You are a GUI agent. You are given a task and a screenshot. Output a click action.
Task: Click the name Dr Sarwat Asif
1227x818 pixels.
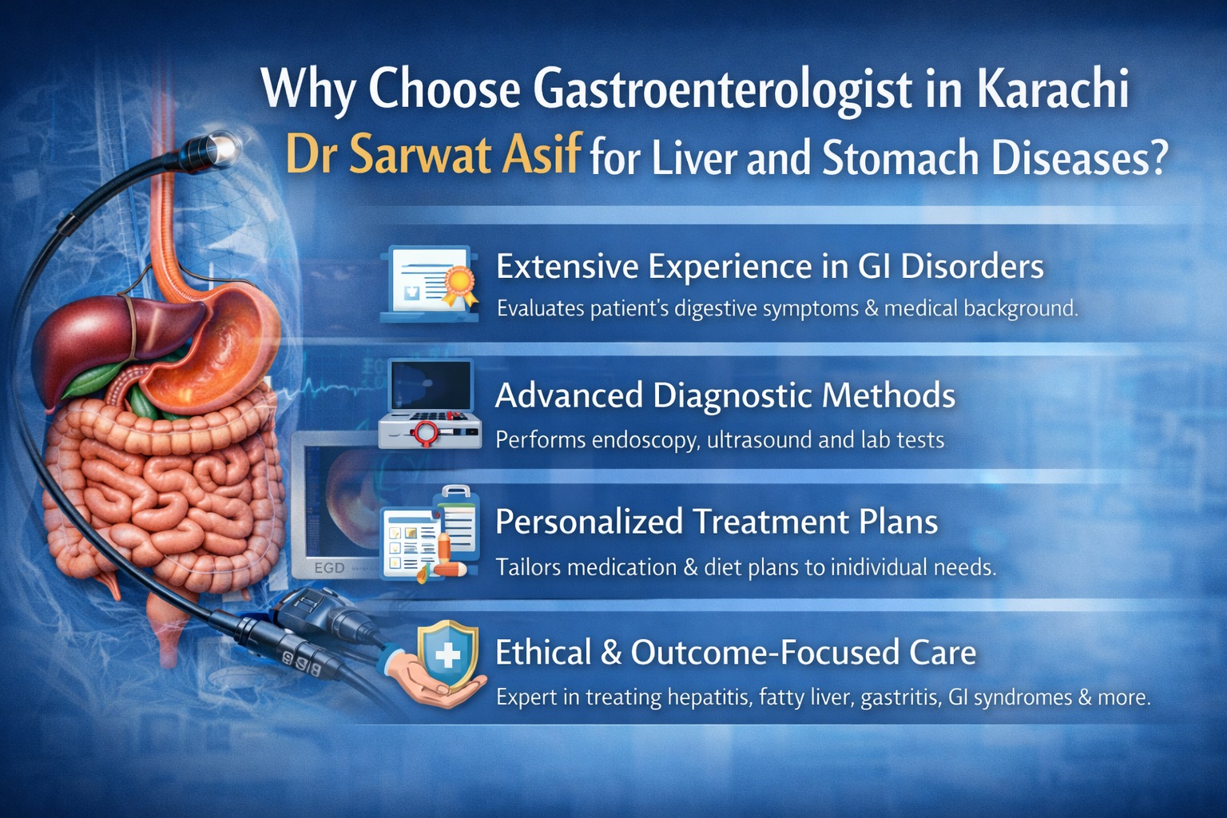pos(431,154)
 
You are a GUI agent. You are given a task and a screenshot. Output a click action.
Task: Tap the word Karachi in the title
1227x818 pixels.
pos(1052,89)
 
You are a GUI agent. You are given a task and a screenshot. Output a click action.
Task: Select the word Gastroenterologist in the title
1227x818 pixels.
pos(722,89)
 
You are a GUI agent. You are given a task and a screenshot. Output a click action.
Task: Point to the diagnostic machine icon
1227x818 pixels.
pos(430,404)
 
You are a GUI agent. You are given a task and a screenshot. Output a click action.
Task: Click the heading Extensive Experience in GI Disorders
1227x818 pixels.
pos(769,266)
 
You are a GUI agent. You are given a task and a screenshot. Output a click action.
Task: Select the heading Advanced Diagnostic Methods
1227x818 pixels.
pos(725,395)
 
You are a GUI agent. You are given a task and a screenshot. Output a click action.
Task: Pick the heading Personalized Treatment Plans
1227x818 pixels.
pos(716,522)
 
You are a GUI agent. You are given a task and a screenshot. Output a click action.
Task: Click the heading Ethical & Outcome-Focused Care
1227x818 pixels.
pos(735,653)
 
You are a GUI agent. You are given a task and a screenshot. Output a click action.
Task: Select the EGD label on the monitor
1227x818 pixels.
pos(329,567)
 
